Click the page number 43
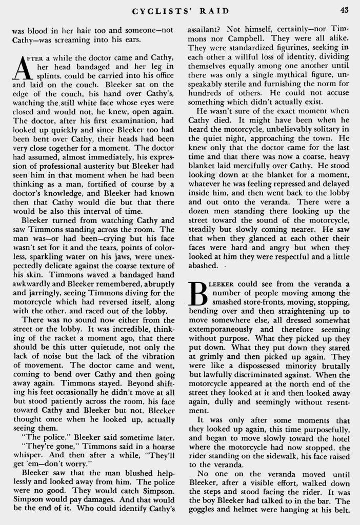[343, 9]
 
